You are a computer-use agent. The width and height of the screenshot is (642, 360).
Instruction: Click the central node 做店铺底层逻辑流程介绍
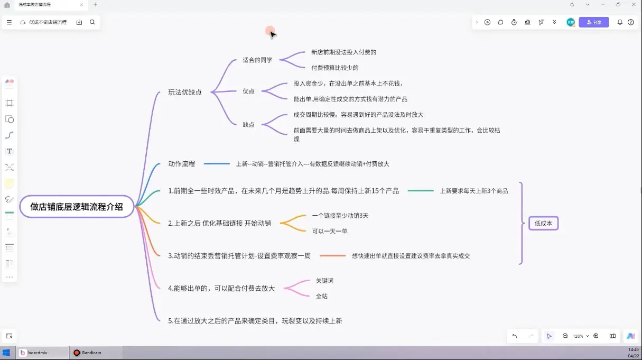point(77,207)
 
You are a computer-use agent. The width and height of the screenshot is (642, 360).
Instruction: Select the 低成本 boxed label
point(543,223)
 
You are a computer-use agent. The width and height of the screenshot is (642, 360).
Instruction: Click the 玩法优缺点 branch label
point(185,92)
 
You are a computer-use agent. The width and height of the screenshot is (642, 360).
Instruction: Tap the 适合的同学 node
point(257,60)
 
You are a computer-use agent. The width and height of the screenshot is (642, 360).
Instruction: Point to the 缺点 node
point(248,125)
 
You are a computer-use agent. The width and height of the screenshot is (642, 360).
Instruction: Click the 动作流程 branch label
point(181,164)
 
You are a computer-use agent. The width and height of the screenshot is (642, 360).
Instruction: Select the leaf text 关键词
point(324,281)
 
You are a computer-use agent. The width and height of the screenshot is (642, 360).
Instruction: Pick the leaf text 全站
point(322,296)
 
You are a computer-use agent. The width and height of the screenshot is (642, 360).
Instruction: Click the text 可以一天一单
point(330,231)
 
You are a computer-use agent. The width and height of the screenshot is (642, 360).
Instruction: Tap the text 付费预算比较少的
point(335,68)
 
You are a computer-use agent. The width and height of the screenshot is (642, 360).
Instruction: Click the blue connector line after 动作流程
point(217,164)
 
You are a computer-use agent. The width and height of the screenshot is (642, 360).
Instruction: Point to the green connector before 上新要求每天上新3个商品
point(421,191)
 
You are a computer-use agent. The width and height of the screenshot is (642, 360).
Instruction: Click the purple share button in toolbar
point(594,22)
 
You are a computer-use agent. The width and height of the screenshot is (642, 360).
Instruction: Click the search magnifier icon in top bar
point(92,22)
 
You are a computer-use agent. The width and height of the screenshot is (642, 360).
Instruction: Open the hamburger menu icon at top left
point(9,22)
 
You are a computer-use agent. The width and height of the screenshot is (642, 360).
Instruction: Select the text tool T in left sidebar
point(10,151)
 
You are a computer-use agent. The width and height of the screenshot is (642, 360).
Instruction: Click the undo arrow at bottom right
point(515,336)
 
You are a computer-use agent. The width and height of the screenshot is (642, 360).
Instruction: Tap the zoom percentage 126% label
point(578,336)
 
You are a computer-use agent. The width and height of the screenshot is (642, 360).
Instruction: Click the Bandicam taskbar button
point(88,353)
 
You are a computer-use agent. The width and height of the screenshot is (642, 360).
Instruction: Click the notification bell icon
point(620,22)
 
